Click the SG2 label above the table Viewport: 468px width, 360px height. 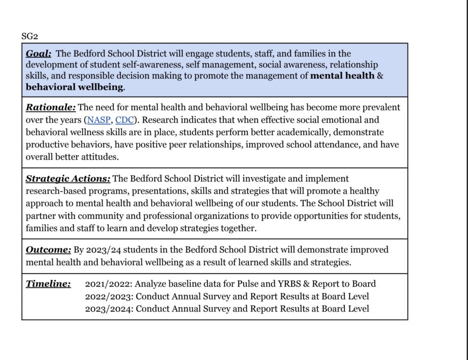[x=30, y=36]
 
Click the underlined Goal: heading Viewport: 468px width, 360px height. [x=38, y=53]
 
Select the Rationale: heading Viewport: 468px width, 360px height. [x=51, y=107]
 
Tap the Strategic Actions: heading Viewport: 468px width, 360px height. [x=68, y=178]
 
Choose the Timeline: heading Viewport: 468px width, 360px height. [x=48, y=284]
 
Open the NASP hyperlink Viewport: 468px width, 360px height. [x=98, y=120]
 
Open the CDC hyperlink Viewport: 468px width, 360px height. [x=124, y=120]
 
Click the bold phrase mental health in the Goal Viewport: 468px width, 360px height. [x=342, y=76]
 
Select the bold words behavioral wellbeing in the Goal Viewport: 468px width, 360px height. [x=74, y=87]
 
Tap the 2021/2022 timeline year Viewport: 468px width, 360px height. [x=108, y=284]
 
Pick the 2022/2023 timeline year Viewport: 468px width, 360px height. [x=108, y=296]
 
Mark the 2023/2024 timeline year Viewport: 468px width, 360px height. [x=108, y=308]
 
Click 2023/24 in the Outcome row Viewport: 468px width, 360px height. [x=103, y=249]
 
